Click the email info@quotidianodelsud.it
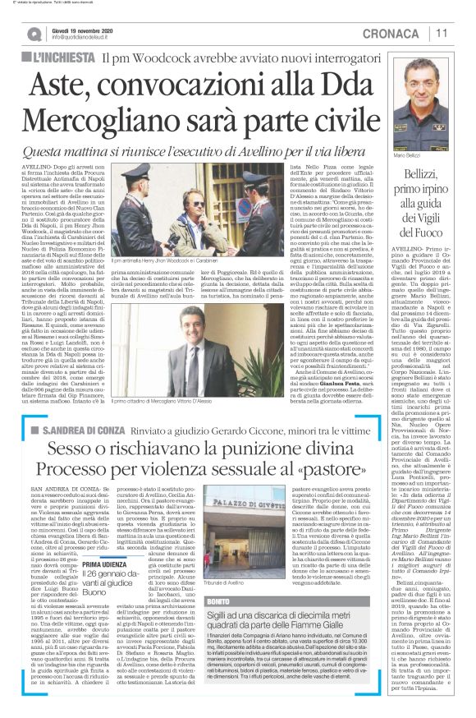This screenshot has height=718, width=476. tap(82, 37)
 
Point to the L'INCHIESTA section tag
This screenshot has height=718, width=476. tap(62, 58)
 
